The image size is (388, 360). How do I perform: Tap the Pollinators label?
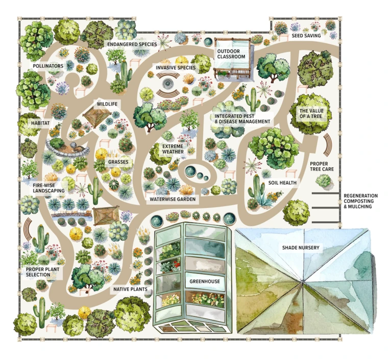(48, 66)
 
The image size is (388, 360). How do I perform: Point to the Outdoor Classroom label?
(231, 54)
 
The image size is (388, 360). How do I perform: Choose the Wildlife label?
(107, 105)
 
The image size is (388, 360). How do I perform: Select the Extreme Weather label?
(173, 149)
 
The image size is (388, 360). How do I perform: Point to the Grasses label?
(117, 163)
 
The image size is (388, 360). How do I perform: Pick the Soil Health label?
(282, 183)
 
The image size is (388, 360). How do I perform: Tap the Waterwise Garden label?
(173, 200)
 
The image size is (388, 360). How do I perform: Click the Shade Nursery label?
(301, 248)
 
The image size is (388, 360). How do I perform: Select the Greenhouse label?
(204, 281)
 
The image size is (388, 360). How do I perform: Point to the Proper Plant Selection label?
(42, 271)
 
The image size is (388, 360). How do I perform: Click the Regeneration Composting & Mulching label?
(360, 201)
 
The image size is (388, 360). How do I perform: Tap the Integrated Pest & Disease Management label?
(241, 119)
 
